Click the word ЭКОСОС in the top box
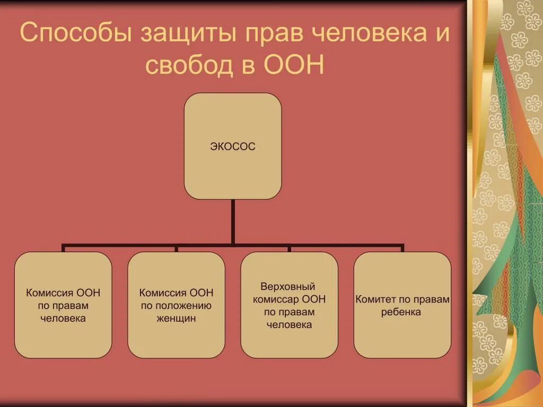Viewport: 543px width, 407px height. (232, 147)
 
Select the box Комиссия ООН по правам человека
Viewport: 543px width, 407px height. (63, 305)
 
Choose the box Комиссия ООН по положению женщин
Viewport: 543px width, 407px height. (176, 305)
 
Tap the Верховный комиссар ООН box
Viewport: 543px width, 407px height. (289, 305)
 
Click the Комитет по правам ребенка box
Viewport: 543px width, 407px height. (402, 305)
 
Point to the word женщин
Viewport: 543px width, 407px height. (176, 318)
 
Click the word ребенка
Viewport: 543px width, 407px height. (401, 312)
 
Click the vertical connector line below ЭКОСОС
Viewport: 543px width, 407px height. (232, 223)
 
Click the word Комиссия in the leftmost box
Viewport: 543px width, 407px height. (51, 293)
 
